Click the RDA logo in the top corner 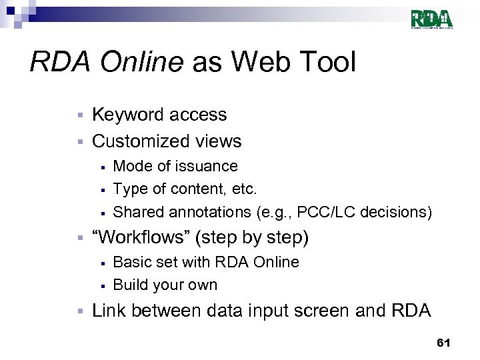[431, 19]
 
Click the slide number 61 [443, 343]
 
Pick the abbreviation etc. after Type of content [243, 189]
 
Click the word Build [131, 285]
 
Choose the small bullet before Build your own [103, 286]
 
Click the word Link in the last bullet [109, 311]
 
